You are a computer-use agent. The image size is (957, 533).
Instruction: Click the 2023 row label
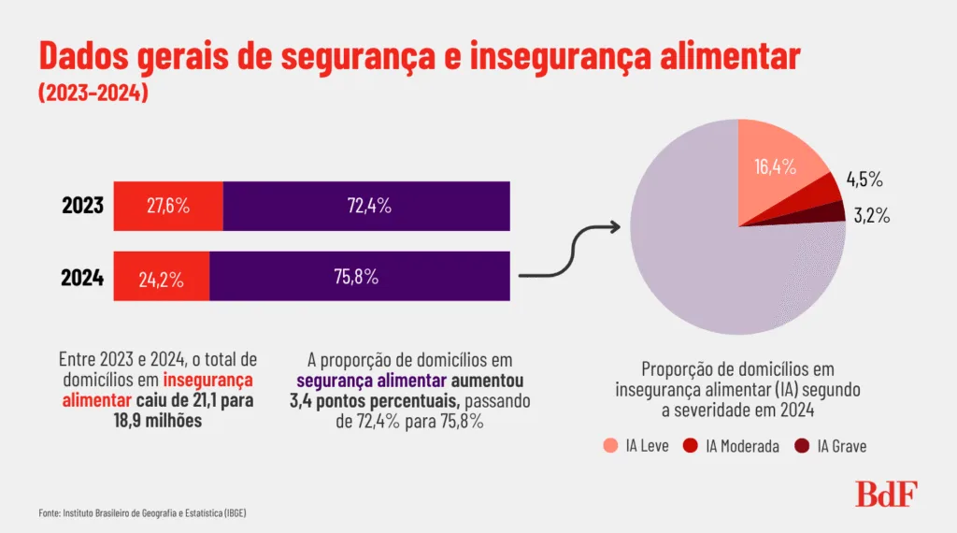tap(81, 206)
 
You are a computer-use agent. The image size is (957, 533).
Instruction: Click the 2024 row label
tap(81, 277)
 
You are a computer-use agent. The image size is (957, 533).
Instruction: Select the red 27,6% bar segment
tap(168, 206)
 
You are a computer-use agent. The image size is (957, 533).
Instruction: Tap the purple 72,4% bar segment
tap(366, 206)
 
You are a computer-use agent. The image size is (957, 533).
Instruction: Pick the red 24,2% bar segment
tap(161, 277)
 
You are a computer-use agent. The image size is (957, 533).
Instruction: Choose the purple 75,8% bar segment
tap(360, 277)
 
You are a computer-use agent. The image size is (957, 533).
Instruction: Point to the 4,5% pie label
tap(864, 180)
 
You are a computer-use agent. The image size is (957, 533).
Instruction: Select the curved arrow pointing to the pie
tap(570, 252)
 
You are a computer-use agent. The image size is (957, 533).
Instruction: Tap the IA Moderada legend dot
tap(692, 446)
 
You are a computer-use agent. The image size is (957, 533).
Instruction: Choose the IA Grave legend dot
tap(802, 446)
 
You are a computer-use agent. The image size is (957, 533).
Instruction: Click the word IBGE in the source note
tap(233, 513)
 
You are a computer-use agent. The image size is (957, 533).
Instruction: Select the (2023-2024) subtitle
tap(93, 94)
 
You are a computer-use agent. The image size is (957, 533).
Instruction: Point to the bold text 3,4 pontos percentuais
tap(379, 401)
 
